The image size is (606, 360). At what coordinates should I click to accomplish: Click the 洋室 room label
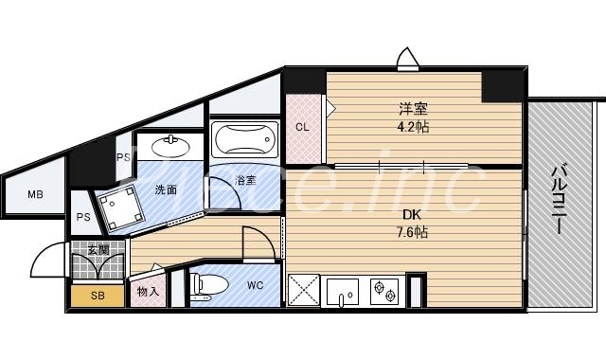(x=408, y=108)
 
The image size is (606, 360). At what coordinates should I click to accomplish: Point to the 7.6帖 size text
(x=409, y=232)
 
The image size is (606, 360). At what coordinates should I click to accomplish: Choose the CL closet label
(x=303, y=126)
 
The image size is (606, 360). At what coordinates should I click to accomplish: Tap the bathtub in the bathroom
(x=243, y=141)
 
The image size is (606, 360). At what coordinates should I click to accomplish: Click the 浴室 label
(x=246, y=180)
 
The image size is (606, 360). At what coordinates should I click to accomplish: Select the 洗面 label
(x=167, y=189)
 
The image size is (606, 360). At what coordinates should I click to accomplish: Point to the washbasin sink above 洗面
(x=169, y=148)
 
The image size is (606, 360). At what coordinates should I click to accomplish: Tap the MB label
(x=35, y=195)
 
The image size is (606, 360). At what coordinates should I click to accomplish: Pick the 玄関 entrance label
(x=98, y=251)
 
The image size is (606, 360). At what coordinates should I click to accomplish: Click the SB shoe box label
(x=98, y=296)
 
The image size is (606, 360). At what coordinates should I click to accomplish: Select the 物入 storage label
(x=148, y=292)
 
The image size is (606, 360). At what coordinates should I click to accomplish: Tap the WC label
(x=255, y=284)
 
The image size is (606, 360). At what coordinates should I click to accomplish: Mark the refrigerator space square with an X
(x=304, y=290)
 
